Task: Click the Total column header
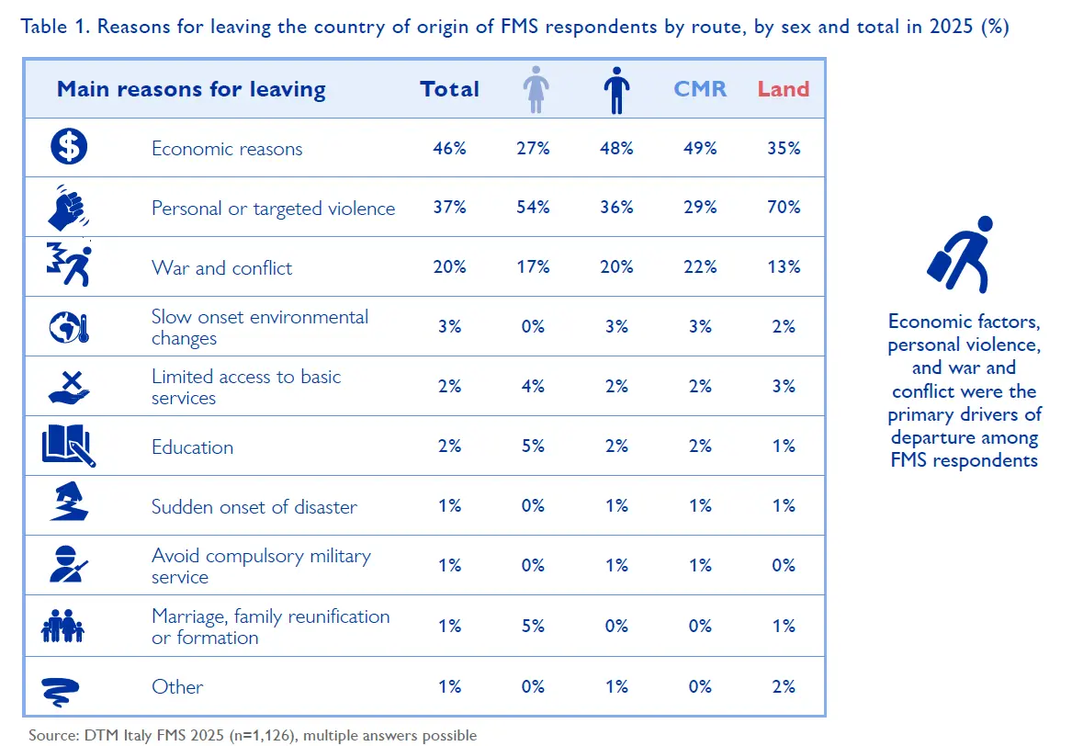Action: point(449,89)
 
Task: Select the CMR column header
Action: point(700,89)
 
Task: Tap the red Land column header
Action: point(784,89)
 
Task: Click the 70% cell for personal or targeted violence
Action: point(784,208)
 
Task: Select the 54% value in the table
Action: point(533,208)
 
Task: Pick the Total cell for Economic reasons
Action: point(449,148)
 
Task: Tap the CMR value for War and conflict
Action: point(700,267)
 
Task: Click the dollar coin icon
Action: point(68,147)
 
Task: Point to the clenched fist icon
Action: point(68,207)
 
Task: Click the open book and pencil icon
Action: point(68,446)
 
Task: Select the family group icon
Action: point(62,627)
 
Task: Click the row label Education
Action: point(192,447)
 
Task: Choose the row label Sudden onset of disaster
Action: point(254,507)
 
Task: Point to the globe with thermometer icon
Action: point(68,326)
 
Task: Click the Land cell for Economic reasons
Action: point(784,148)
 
